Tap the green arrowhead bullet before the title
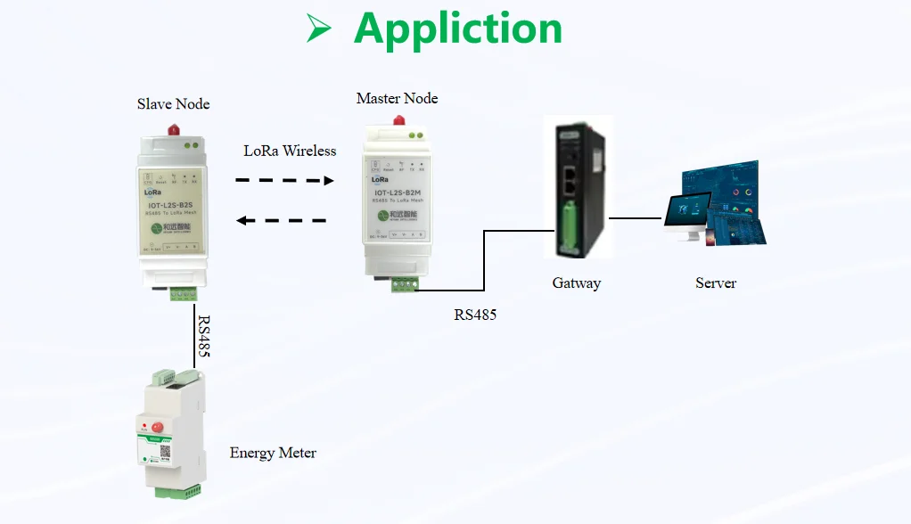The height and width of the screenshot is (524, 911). pyautogui.click(x=318, y=29)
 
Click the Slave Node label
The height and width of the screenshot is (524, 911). pyautogui.click(x=173, y=104)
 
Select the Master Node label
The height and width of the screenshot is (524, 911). pyautogui.click(x=397, y=98)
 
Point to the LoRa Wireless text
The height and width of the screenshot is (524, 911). pyautogui.click(x=290, y=151)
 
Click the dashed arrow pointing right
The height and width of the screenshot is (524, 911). pyautogui.click(x=284, y=180)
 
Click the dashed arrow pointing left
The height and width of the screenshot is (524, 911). pyautogui.click(x=283, y=220)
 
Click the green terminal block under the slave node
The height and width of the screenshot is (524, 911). pyautogui.click(x=185, y=293)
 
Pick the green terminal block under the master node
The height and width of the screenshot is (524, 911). pyautogui.click(x=406, y=284)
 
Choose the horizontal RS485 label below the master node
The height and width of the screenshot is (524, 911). pyautogui.click(x=475, y=315)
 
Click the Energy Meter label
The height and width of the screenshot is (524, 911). pyautogui.click(x=273, y=453)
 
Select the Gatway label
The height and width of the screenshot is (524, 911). pyautogui.click(x=576, y=283)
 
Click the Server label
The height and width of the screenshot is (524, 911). pyautogui.click(x=716, y=283)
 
